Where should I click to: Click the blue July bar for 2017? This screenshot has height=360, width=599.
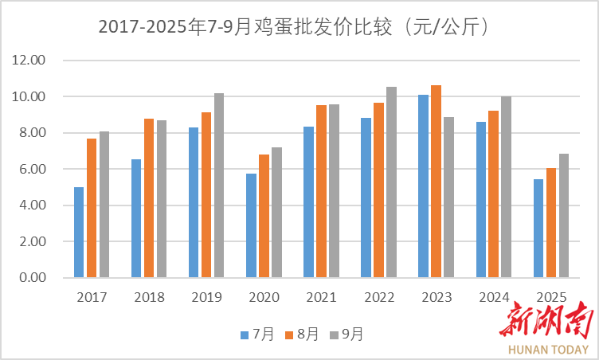[79, 233]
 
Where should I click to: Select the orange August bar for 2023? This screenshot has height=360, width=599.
[436, 182]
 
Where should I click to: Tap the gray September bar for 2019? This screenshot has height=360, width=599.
[219, 186]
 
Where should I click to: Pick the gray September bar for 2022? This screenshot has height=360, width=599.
[391, 182]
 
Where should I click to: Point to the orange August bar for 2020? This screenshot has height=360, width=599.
[264, 216]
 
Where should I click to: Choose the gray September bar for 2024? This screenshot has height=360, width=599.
[506, 187]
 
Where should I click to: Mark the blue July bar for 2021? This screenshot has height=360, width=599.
[308, 202]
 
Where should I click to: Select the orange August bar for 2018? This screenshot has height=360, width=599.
[149, 198]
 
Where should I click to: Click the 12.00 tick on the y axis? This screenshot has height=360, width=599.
[29, 61]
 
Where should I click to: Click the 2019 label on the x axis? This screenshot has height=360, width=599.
[206, 298]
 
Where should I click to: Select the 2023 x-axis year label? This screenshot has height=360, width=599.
[436, 298]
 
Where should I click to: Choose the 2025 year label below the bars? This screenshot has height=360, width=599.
[550, 298]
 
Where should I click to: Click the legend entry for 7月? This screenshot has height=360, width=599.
[258, 335]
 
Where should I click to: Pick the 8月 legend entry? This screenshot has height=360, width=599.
[303, 335]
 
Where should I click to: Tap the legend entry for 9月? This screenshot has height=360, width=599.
[347, 335]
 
